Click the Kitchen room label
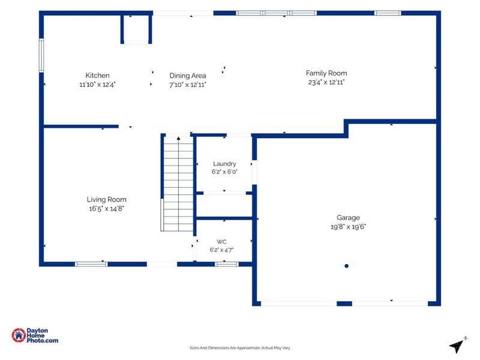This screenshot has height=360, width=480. (x=97, y=76)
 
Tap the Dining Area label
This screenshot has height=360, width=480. (x=188, y=76)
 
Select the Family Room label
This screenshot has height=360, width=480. (x=326, y=73)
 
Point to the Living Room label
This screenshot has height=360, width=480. (x=107, y=200)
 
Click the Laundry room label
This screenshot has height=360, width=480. (x=224, y=164)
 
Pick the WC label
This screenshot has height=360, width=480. (x=221, y=242)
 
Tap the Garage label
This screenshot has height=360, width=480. (x=348, y=218)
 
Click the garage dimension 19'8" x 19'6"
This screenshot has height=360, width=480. (x=348, y=227)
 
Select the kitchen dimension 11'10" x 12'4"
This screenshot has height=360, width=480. (x=97, y=85)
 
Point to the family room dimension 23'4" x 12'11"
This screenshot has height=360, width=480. (x=326, y=82)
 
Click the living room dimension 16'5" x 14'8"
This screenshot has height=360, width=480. (x=107, y=209)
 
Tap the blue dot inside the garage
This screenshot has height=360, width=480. (x=347, y=266)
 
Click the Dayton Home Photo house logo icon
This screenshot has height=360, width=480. (x=19, y=335)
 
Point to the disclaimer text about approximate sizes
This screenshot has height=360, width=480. (x=239, y=348)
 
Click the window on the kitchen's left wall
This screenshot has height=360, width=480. (x=41, y=55)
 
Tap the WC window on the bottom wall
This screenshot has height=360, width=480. (x=227, y=264)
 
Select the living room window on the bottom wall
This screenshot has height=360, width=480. (x=91, y=264)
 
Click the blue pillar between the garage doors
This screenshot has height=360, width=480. (x=344, y=304)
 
